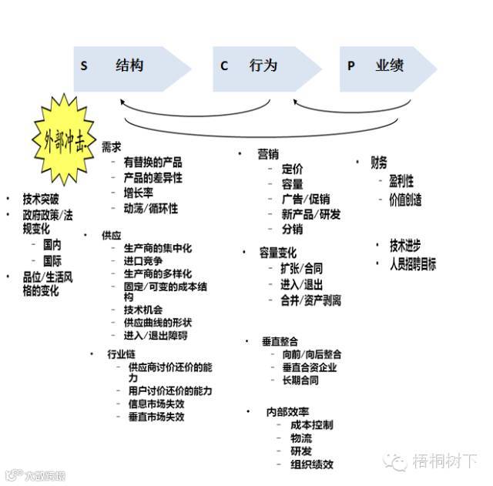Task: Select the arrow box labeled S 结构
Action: click(132, 66)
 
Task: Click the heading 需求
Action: click(111, 146)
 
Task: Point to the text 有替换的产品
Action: click(153, 162)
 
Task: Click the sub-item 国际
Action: click(52, 261)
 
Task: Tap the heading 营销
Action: click(267, 154)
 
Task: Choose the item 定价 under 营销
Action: click(292, 169)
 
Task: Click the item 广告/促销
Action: click(306, 199)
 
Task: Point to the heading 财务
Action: click(379, 162)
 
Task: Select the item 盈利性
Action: click(401, 181)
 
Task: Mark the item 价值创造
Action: click(405, 199)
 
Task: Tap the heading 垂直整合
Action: click(280, 340)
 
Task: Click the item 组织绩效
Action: click(312, 464)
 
